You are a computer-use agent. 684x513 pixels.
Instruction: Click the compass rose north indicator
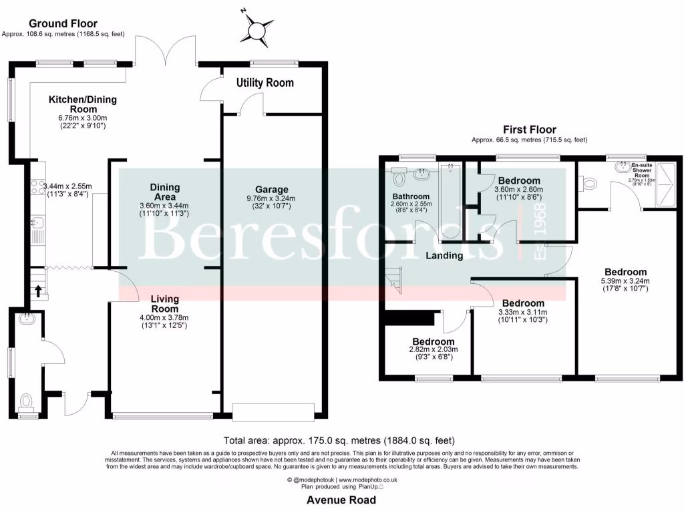click(x=256, y=29)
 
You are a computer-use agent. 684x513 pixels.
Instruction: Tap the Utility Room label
click(x=265, y=83)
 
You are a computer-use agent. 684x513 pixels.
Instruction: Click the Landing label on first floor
click(x=445, y=255)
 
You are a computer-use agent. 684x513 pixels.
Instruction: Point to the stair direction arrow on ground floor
click(x=37, y=290)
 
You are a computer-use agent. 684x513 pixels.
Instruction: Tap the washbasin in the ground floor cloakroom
click(x=28, y=320)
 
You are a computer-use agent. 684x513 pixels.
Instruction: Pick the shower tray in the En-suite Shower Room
click(x=666, y=182)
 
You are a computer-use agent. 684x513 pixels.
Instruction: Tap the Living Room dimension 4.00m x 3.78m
click(x=164, y=317)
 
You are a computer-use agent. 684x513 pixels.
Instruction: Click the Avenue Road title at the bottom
click(x=341, y=500)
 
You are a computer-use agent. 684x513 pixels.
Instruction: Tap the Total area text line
click(x=339, y=441)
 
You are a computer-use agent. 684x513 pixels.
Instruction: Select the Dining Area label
click(x=164, y=192)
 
